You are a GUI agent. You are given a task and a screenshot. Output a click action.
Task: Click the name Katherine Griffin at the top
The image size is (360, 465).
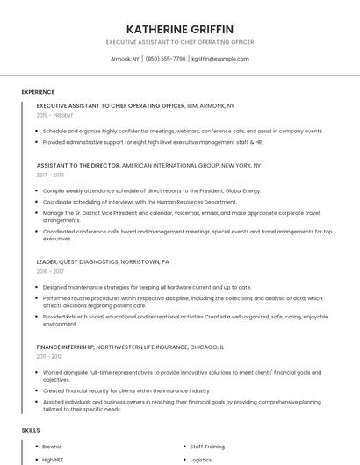[180, 28]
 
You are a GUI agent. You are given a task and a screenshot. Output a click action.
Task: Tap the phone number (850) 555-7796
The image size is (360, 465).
[166, 59]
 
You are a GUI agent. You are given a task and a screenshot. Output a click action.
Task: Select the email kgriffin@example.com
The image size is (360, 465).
[220, 59]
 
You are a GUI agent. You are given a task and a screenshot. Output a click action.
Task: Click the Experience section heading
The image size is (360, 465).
[38, 92]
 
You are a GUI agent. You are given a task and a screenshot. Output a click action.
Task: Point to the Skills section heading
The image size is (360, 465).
[31, 430]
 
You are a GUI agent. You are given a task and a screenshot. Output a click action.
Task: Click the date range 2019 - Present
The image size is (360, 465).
[55, 115]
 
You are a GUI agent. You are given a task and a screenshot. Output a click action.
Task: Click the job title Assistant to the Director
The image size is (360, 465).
[78, 165]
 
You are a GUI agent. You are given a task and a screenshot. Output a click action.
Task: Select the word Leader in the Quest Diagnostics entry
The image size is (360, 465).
[47, 261]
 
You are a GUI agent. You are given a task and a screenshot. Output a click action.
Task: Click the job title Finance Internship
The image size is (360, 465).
[65, 347]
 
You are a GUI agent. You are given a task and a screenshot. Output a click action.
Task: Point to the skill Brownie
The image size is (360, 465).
[52, 446]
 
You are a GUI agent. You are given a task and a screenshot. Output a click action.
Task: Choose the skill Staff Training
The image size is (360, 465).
[207, 446]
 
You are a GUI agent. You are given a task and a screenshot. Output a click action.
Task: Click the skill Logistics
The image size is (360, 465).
[201, 459]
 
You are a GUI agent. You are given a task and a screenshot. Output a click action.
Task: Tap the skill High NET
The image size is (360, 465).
[53, 459]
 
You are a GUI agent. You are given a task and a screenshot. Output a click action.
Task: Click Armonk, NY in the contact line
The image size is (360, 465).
[125, 59]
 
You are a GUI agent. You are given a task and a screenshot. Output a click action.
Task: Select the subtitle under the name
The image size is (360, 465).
[180, 41]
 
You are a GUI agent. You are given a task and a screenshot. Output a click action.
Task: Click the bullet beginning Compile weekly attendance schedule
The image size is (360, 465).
[151, 190]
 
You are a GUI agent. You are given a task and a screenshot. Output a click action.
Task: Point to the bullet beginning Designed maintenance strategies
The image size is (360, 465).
[147, 287]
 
